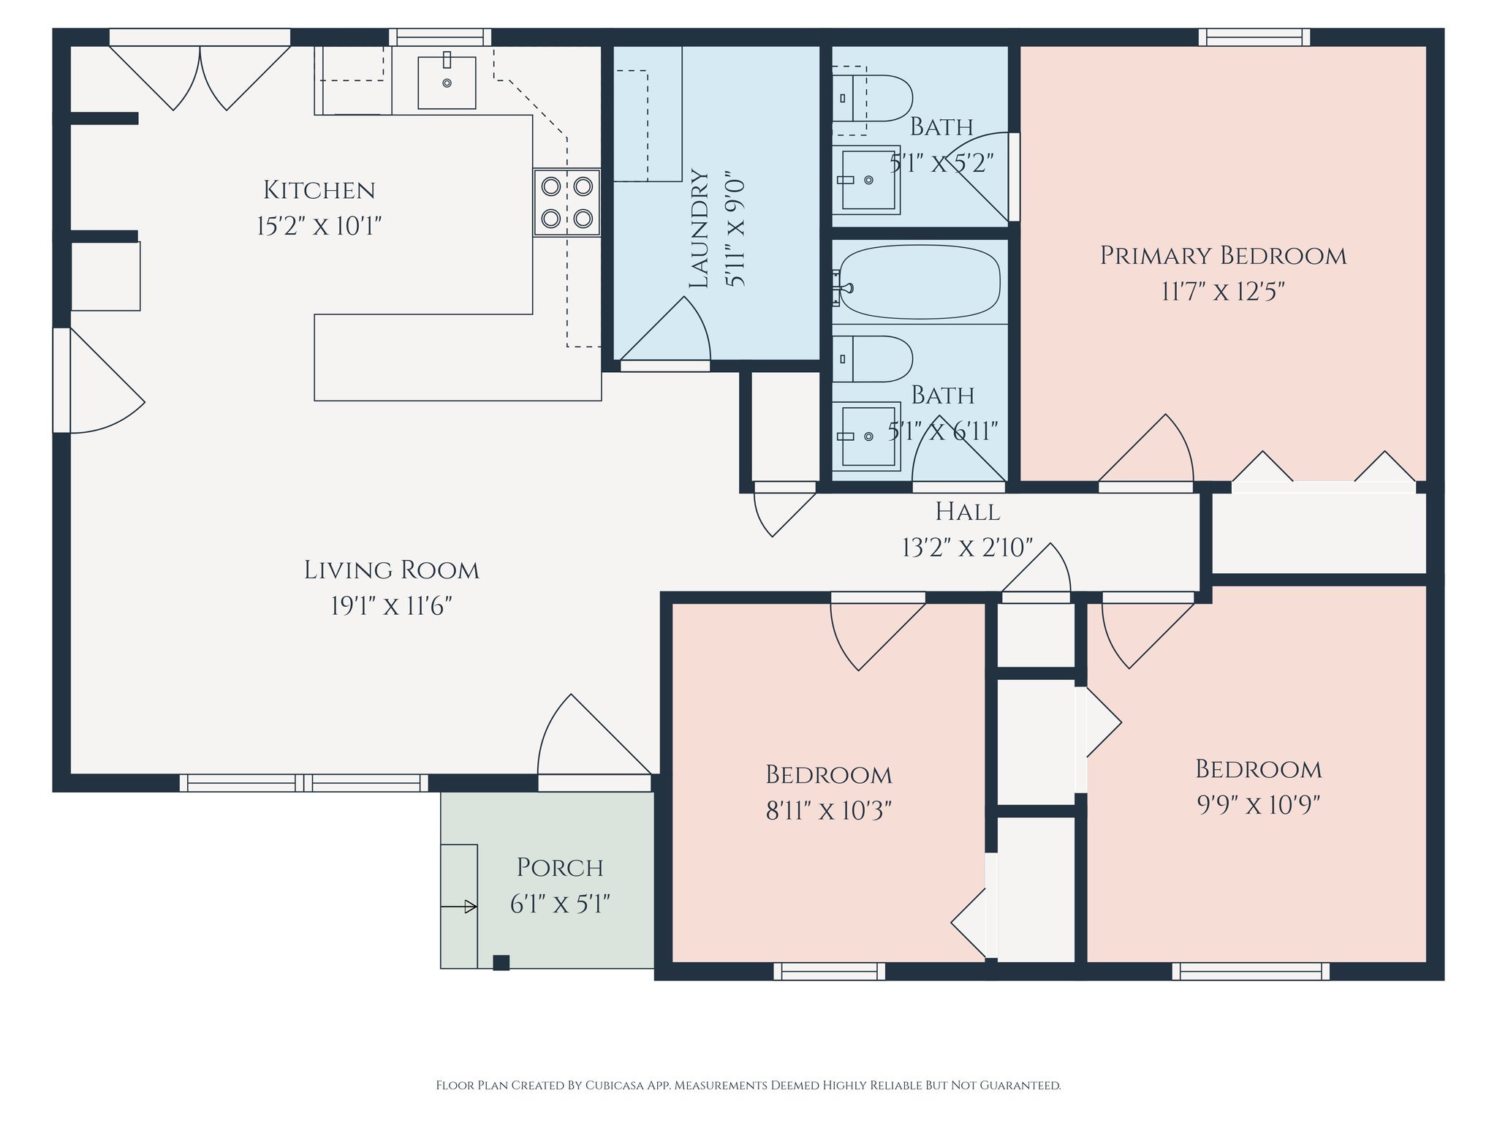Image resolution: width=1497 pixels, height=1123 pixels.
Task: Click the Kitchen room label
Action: (319, 190)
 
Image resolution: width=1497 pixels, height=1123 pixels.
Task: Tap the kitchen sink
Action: (447, 82)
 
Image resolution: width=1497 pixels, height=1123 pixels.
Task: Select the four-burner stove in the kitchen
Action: (566, 203)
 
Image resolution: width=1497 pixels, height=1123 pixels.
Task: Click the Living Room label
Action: (392, 570)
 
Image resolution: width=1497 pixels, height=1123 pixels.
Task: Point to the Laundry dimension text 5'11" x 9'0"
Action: (735, 232)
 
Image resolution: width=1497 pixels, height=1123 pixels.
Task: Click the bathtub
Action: (918, 282)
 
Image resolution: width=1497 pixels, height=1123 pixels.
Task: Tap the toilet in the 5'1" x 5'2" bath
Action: (872, 98)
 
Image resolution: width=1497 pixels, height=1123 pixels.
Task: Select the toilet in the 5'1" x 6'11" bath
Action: (872, 359)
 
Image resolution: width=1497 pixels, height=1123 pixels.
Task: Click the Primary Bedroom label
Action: (1223, 256)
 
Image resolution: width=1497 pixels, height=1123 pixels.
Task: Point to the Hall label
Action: (968, 512)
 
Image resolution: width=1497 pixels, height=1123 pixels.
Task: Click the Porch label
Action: (560, 868)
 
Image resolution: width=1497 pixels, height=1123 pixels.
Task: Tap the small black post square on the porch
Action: (501, 963)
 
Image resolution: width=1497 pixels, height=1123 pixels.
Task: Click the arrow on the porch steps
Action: (459, 907)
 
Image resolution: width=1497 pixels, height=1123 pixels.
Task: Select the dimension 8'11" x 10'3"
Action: (828, 811)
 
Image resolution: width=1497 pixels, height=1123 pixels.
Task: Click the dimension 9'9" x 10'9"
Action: (1258, 805)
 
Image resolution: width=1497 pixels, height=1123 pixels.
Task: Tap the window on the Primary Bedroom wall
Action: (1254, 37)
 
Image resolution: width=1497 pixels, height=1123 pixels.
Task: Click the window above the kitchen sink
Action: (440, 37)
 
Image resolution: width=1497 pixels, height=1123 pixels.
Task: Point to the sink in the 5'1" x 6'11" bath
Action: (867, 436)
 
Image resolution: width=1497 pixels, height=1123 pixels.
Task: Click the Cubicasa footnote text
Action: (748, 1085)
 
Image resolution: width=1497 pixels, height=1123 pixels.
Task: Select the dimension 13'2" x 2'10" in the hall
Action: (968, 548)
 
